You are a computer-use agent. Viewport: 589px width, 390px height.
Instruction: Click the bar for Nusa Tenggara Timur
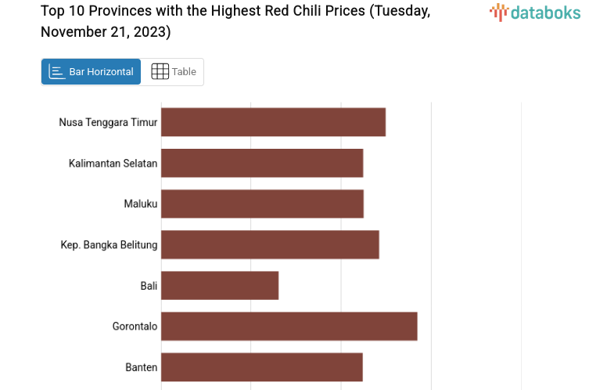pos(273,122)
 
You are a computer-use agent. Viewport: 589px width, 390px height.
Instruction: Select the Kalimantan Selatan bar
pos(262,163)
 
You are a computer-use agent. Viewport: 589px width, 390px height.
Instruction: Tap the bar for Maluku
pos(262,204)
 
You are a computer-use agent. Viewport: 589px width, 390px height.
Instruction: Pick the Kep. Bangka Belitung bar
pos(270,244)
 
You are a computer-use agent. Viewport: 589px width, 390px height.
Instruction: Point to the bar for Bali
pos(220,285)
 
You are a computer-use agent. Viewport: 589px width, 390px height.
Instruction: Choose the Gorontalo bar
pos(289,326)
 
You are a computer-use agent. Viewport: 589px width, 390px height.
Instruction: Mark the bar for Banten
pos(262,367)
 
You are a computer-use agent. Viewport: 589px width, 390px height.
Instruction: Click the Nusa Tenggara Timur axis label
pos(108,122)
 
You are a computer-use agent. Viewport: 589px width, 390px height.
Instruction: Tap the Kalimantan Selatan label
pos(113,163)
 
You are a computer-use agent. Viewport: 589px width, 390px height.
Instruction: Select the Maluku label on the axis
pos(141,204)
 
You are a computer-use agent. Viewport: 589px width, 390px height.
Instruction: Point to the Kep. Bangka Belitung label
pos(109,244)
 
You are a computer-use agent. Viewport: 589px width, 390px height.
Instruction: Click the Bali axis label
pos(149,285)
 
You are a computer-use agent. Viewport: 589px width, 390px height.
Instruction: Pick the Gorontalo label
pos(135,326)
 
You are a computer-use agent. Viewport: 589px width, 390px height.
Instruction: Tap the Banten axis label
pos(142,367)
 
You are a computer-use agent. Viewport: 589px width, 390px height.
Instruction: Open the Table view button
pos(174,71)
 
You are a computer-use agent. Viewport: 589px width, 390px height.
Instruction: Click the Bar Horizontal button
pos(92,71)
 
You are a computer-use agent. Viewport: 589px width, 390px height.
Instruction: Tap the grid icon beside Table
pos(160,71)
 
